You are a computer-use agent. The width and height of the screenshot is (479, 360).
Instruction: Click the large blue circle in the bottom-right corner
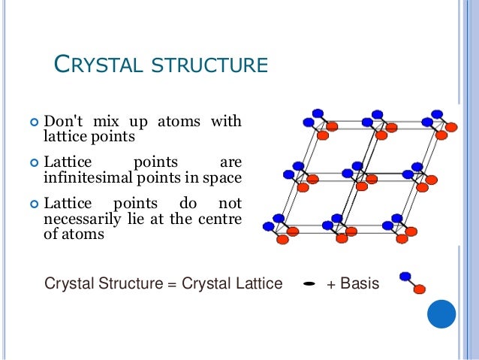coord(441,313)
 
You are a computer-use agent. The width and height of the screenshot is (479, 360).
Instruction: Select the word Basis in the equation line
coord(360,284)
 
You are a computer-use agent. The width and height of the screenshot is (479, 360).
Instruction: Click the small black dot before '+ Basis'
coord(309,284)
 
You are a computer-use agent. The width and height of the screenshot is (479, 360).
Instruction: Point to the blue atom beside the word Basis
coord(405,277)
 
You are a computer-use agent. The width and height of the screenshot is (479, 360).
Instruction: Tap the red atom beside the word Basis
coord(420,289)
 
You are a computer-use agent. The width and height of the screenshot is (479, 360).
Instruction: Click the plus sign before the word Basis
coord(331,284)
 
